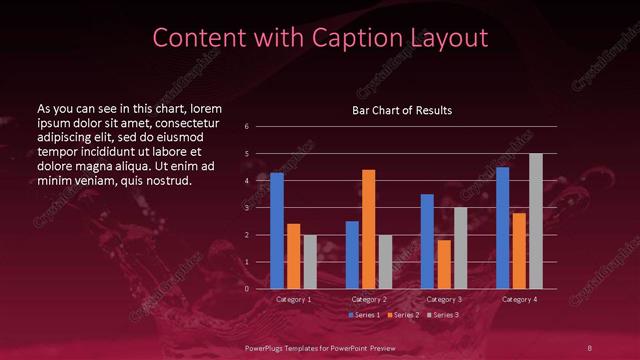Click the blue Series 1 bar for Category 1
[277, 231]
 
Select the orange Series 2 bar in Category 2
[369, 229]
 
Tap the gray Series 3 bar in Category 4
[536, 221]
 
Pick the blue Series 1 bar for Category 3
[427, 242]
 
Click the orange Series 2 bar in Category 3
[444, 264]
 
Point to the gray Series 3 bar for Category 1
[310, 262]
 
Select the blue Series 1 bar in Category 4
[502, 228]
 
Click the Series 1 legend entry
[366, 315]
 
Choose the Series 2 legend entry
[403, 315]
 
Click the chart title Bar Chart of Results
[402, 110]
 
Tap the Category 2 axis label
[369, 299]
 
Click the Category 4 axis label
[519, 299]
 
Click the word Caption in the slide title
[334, 38]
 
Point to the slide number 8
[590, 347]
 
